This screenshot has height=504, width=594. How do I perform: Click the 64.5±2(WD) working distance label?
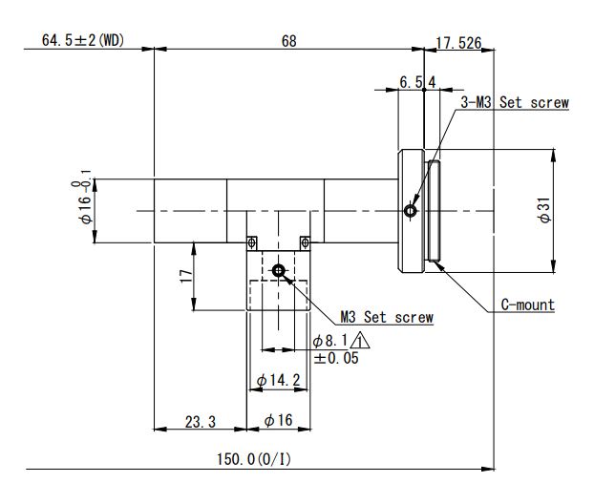pyautogui.click(x=83, y=40)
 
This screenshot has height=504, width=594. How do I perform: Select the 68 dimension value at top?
pyautogui.click(x=289, y=41)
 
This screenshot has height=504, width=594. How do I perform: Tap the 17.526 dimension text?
pyautogui.click(x=458, y=43)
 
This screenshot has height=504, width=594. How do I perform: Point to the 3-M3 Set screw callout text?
pyautogui.click(x=515, y=102)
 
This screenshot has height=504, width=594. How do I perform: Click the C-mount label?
pyautogui.click(x=528, y=304)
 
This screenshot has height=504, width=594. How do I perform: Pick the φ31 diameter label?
pyautogui.click(x=544, y=210)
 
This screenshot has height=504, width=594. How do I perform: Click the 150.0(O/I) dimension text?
pyautogui.click(x=254, y=459)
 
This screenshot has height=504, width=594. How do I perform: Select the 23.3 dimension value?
pyautogui.click(x=201, y=422)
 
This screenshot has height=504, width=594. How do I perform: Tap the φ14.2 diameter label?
pyautogui.click(x=279, y=380)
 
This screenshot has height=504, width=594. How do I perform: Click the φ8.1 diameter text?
pyautogui.click(x=330, y=341)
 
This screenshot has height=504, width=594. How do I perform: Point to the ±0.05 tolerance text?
pyautogui.click(x=336, y=358)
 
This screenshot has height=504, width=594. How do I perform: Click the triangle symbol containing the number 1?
pyautogui.click(x=360, y=340)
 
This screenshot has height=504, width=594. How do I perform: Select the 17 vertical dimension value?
pyautogui.click(x=186, y=276)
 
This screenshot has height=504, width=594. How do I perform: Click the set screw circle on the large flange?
pyautogui.click(x=411, y=211)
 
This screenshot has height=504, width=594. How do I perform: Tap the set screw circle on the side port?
pyautogui.click(x=279, y=270)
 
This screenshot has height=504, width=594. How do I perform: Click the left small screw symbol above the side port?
pyautogui.click(x=251, y=241)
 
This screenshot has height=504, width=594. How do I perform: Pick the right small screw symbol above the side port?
pyautogui.click(x=305, y=241)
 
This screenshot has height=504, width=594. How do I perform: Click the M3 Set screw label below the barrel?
pyautogui.click(x=387, y=317)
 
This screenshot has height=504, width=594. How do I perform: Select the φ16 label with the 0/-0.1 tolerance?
pyautogui.click(x=82, y=197)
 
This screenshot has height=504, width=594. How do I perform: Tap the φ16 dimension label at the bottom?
pyautogui.click(x=279, y=420)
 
